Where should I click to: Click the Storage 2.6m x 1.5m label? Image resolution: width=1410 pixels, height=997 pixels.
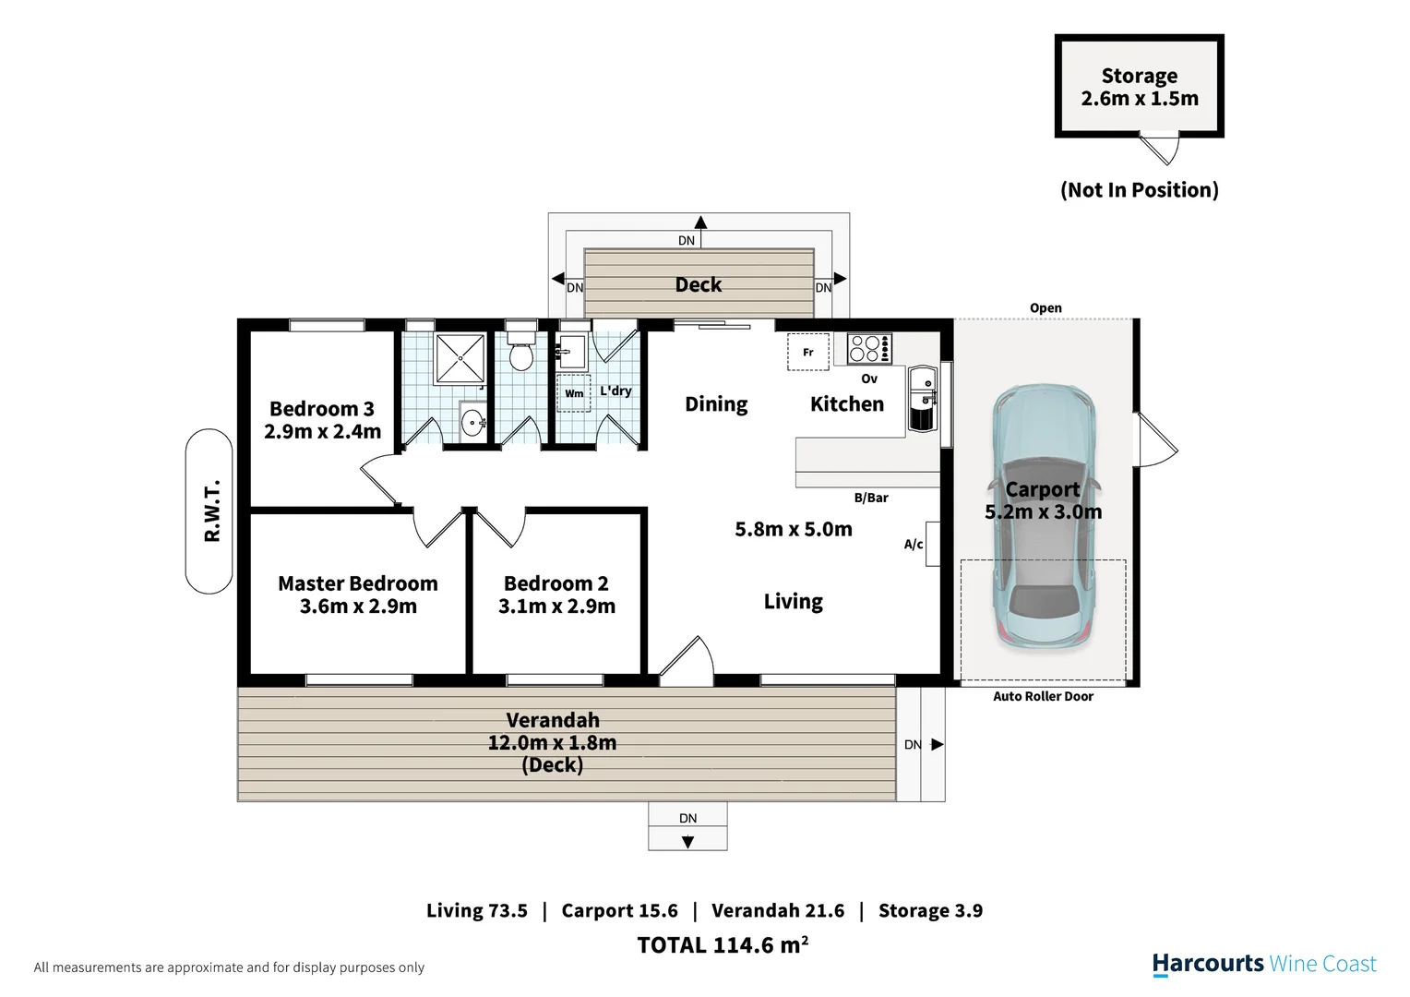[x=1140, y=87]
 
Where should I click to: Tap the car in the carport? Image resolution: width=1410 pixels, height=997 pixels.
[x=1043, y=517]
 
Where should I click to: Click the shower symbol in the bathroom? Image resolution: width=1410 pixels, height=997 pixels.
[x=460, y=358]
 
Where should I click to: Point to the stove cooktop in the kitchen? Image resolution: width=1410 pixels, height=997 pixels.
[x=869, y=348]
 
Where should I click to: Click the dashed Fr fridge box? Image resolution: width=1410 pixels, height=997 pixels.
[x=808, y=352]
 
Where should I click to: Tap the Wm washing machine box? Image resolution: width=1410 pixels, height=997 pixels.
[x=573, y=393]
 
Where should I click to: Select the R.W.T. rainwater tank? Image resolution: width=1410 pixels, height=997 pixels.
[x=209, y=511]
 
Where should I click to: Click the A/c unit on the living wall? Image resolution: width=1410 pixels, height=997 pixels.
[x=932, y=544]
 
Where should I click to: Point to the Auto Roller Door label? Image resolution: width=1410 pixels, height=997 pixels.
[x=1043, y=696]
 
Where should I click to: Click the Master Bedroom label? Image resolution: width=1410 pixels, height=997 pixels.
[x=357, y=583]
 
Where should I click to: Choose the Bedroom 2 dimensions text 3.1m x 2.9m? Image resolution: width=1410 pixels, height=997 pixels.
[x=556, y=606]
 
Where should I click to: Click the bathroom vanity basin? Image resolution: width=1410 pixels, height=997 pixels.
[x=472, y=421]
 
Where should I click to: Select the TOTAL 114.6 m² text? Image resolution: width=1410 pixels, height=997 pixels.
[x=723, y=944]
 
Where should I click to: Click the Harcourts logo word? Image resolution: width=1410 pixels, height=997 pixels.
[x=1207, y=965]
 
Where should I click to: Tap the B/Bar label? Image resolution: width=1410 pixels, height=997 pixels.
[x=871, y=498]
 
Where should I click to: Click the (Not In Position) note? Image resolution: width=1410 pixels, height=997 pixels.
[x=1140, y=189]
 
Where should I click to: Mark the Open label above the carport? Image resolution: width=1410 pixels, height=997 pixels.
[x=1046, y=308]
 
